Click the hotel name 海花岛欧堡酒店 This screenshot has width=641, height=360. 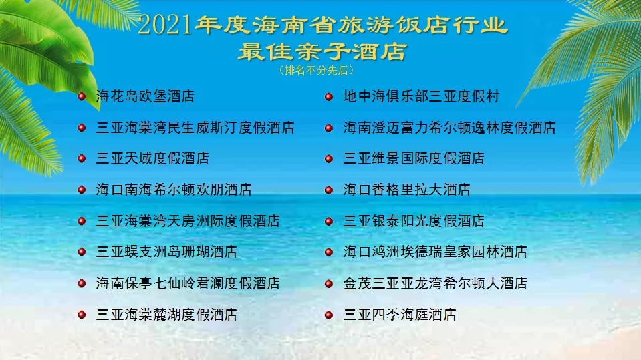[145, 96]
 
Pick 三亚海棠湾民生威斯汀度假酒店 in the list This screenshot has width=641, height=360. [195, 128]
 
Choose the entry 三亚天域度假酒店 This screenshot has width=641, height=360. [152, 158]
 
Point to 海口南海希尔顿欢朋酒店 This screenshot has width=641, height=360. [174, 190]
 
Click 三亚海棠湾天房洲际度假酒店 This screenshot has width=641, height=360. [188, 221]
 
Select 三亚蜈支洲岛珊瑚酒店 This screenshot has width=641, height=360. [166, 252]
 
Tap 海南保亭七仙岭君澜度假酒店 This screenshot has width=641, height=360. [188, 283]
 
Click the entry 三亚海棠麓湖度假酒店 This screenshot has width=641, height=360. [166, 314]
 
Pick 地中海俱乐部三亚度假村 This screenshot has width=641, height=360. [421, 96]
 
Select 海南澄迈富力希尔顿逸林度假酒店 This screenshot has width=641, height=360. [449, 128]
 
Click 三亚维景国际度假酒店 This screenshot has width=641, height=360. [414, 158]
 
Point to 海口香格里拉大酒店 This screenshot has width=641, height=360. [406, 190]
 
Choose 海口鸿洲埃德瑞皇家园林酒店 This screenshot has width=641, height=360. [435, 252]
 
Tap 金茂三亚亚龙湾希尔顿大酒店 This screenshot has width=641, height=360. [435, 283]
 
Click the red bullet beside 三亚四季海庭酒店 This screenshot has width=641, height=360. [329, 314]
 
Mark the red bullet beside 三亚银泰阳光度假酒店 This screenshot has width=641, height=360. [329, 221]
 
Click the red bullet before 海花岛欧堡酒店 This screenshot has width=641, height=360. [82, 96]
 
